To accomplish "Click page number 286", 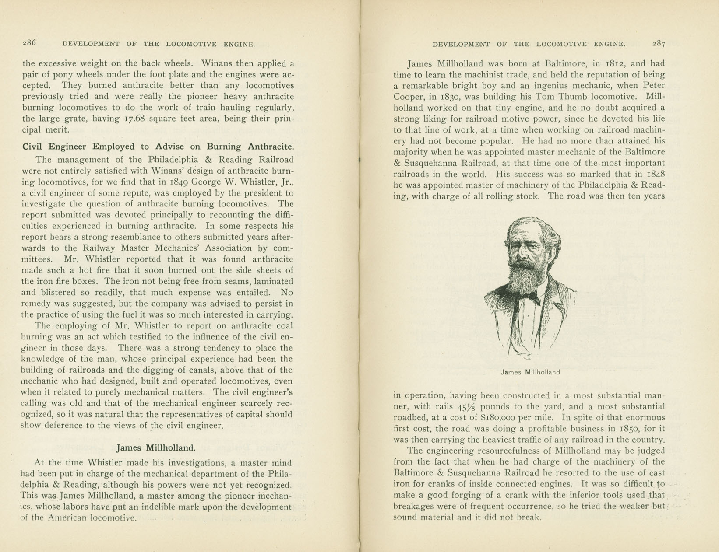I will (x=29, y=43).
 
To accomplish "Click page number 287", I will (x=659, y=44).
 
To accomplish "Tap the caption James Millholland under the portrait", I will (x=530, y=372).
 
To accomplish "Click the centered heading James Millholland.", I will (x=156, y=448).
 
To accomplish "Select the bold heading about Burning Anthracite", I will (x=158, y=147).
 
